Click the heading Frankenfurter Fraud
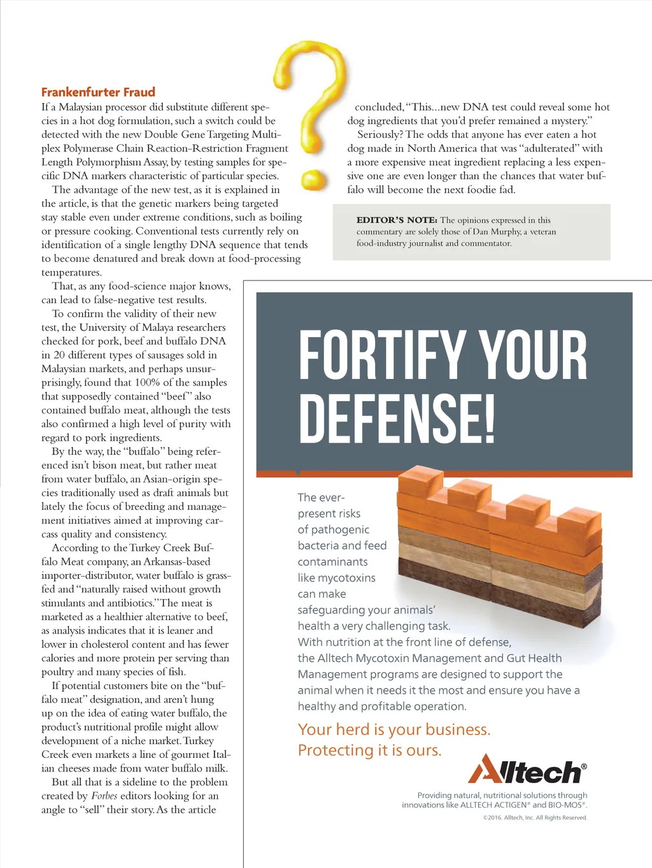pos(98,92)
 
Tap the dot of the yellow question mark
pos(314,179)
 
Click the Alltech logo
pos(527,770)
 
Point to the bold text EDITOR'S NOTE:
pos(397,220)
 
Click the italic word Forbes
pos(104,796)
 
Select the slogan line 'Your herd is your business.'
pos(393,729)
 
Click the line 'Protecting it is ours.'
pos(369,750)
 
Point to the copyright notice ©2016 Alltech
pos(535,818)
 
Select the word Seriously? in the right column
pos(379,135)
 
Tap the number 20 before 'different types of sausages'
pos(59,355)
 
